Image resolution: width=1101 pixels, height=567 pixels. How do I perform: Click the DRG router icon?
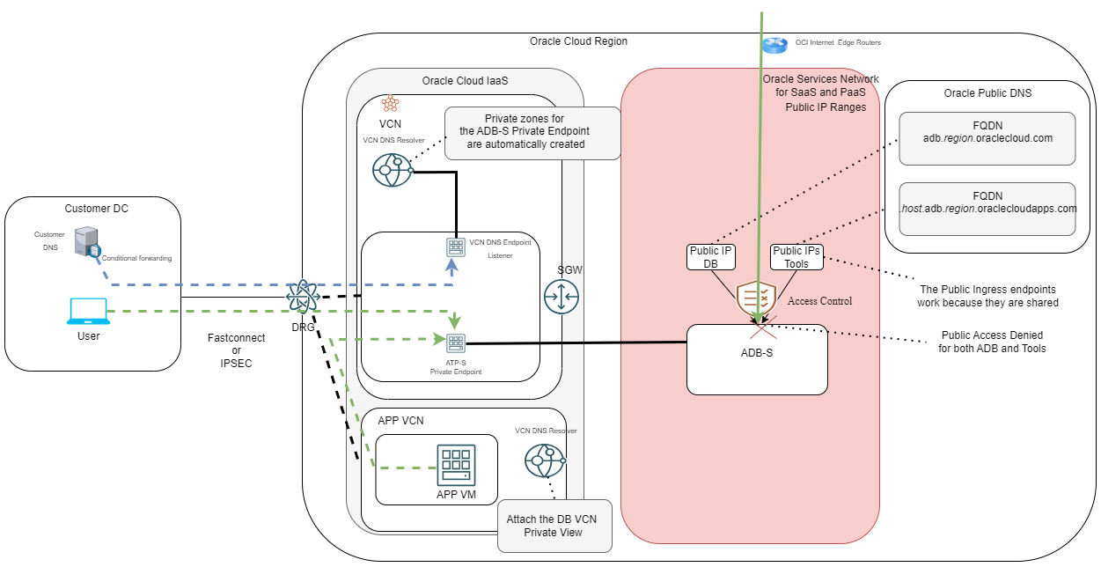point(302,296)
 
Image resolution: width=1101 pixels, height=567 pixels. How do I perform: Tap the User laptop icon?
point(88,312)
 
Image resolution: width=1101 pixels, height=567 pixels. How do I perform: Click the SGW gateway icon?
point(561,296)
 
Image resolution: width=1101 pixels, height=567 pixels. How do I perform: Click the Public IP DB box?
point(711,257)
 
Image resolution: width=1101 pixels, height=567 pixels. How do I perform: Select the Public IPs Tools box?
point(796,257)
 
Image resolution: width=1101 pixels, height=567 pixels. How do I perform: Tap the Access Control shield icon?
point(757,298)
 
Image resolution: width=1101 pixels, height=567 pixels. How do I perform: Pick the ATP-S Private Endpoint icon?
point(456,342)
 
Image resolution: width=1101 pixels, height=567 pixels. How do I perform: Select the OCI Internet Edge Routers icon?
point(775,44)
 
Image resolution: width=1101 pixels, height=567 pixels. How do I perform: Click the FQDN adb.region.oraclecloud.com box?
point(987,138)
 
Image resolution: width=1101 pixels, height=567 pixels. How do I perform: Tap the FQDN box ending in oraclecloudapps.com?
point(987,209)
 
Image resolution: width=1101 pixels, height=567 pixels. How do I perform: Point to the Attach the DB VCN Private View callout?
point(551,526)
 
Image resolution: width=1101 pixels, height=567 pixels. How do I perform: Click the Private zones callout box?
point(532,132)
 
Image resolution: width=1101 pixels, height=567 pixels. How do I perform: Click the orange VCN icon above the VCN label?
point(390,104)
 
